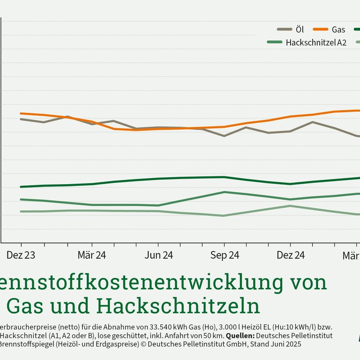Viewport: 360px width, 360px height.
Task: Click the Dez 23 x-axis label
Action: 21,255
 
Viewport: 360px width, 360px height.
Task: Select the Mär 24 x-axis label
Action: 92,255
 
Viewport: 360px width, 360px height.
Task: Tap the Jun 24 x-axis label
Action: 158,255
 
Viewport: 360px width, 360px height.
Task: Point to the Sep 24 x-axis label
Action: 225,255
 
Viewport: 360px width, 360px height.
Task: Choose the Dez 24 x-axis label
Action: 291,255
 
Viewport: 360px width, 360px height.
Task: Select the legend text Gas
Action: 338,30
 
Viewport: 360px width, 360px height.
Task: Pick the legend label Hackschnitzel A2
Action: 316,42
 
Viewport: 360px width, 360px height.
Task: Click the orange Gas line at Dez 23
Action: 21,113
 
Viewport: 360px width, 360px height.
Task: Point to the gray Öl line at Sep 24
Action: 225,136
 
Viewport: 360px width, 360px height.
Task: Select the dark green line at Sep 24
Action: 225,177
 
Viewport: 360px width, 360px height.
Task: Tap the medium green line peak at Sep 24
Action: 225,192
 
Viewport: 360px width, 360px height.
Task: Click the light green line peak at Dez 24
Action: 291,206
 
